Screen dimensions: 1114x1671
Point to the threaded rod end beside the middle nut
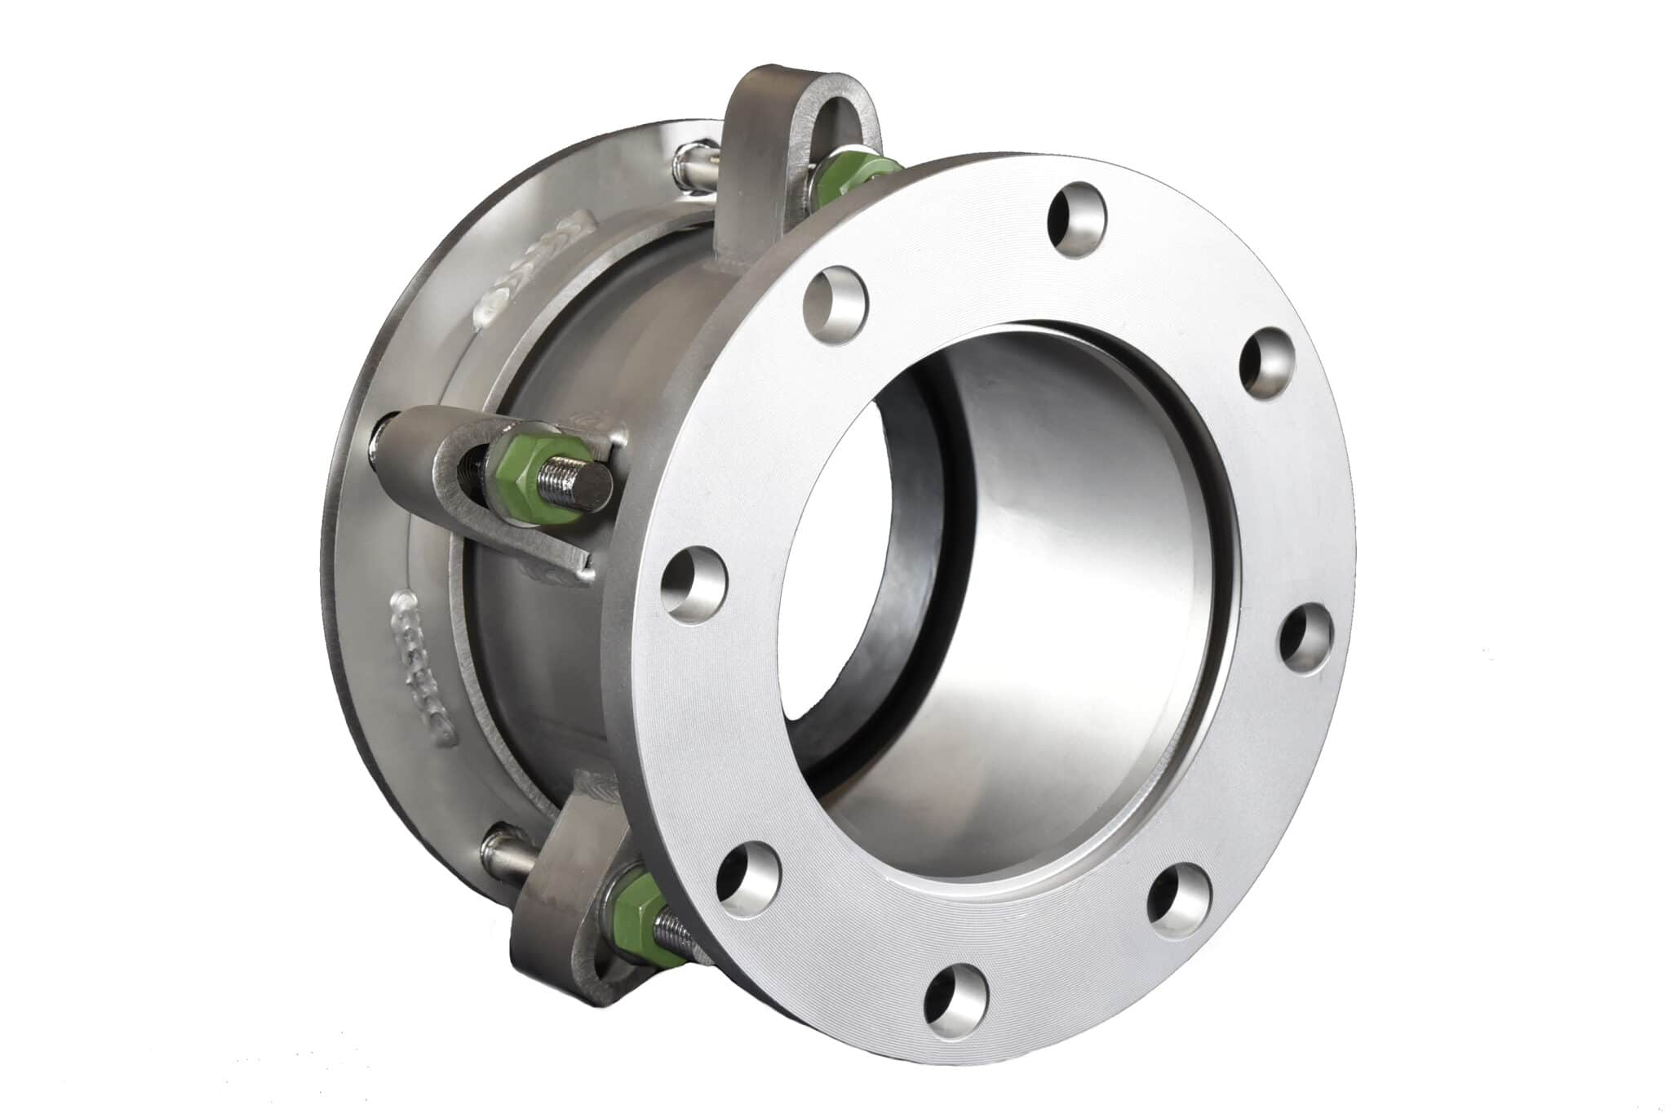578,482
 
